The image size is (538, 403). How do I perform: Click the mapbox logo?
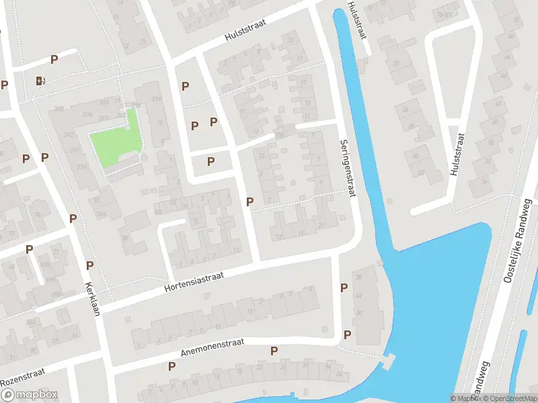coord(30,395)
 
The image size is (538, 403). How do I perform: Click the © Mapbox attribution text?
coord(465,398)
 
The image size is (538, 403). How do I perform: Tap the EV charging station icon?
coord(41,81)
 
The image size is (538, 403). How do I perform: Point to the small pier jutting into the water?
coord(386,363)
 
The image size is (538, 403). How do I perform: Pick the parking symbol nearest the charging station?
coord(54,59)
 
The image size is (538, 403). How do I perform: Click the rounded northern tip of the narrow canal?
coord(342,15)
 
